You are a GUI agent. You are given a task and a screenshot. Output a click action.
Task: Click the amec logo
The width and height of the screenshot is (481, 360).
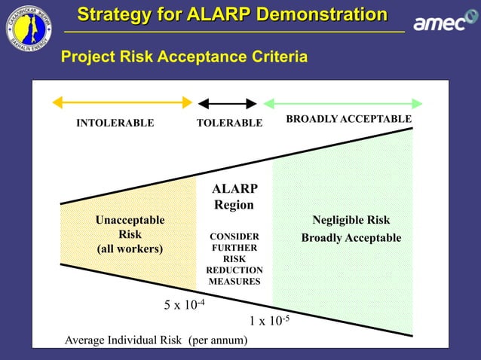(x=440, y=24)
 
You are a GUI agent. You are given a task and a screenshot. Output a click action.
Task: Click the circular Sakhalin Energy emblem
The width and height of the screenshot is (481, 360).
(x=29, y=28)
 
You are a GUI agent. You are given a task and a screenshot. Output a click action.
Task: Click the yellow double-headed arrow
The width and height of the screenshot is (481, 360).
(x=121, y=102)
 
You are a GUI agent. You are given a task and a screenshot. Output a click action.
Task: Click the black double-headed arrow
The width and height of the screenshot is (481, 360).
(x=227, y=103)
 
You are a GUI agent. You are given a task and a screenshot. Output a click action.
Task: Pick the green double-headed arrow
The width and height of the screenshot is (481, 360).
(x=342, y=103)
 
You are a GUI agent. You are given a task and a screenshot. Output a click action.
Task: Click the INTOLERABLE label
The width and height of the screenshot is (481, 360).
(x=115, y=123)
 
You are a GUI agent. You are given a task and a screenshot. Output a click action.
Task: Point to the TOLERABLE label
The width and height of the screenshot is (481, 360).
(x=229, y=123)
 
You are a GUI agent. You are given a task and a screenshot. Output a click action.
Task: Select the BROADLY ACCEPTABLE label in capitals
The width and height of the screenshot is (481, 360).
(x=348, y=119)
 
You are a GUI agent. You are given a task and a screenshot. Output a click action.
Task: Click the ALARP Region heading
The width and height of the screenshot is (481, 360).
(x=234, y=197)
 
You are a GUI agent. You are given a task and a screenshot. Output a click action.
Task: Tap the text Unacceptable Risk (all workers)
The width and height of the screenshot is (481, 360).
(x=130, y=234)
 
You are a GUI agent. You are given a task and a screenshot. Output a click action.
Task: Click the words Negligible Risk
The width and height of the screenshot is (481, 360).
(x=351, y=220)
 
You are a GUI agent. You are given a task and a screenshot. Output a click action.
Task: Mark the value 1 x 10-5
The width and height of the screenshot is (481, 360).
(x=269, y=321)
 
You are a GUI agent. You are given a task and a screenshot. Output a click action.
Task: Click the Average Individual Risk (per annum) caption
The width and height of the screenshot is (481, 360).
(x=156, y=340)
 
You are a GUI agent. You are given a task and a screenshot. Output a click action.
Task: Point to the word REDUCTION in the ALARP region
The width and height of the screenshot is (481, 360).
(x=234, y=270)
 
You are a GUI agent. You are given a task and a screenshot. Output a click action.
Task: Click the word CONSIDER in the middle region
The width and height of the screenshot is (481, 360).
(x=234, y=236)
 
